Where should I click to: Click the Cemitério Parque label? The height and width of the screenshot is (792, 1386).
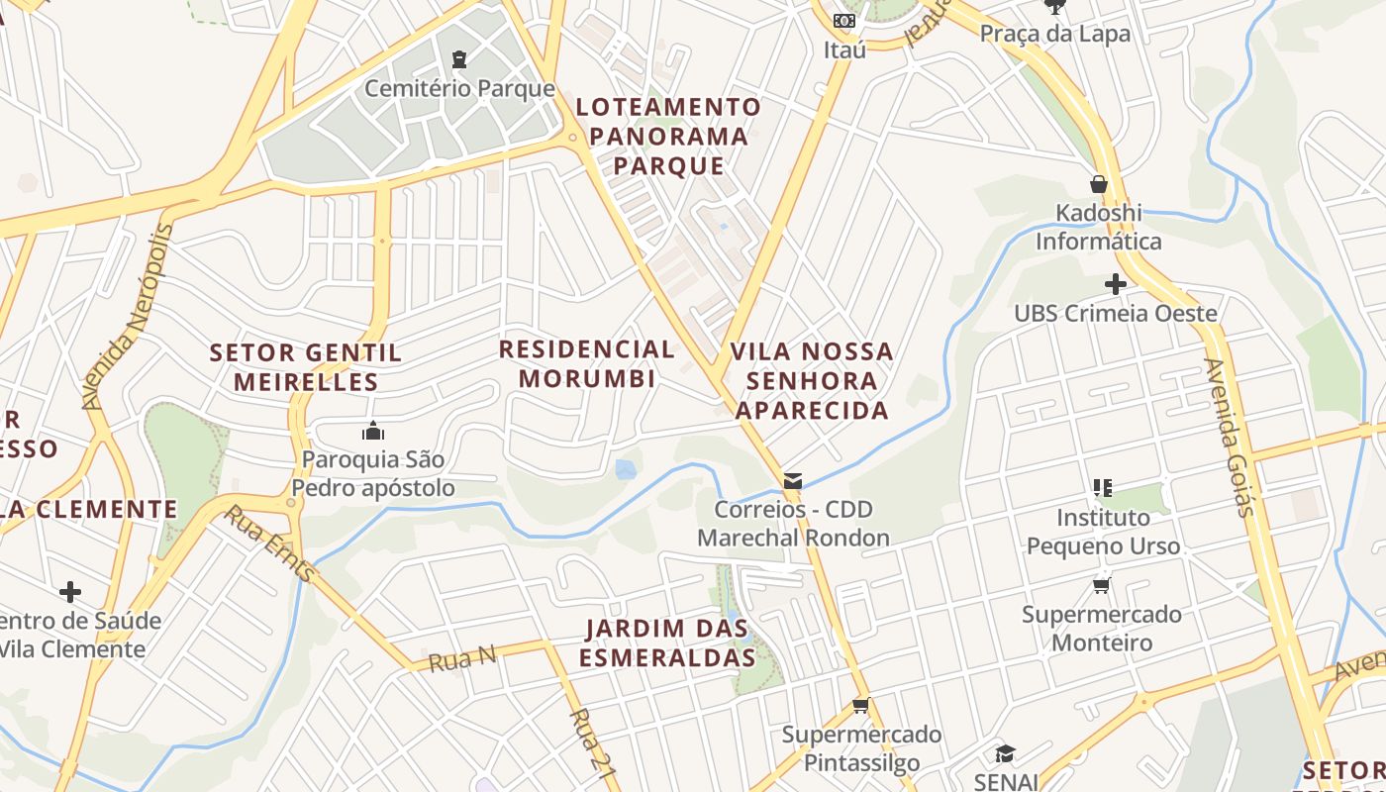459,88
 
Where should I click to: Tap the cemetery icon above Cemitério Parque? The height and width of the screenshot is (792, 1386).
459,59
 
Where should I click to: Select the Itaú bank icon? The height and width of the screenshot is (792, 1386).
843,21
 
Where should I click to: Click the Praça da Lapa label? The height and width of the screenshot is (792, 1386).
1054,34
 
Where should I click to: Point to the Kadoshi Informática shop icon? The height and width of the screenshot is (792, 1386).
1098,184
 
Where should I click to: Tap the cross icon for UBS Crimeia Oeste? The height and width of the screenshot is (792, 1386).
1115,285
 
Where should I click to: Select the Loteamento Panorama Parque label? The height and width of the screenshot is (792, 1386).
669,136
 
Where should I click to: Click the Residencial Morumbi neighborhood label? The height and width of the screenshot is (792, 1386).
586,363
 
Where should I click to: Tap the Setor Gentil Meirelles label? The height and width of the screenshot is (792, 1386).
306,366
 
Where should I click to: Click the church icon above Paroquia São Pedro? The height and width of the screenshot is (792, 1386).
372,431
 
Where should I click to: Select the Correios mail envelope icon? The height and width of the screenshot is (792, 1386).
792,481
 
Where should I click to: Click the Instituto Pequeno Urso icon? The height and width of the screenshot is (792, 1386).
1103,487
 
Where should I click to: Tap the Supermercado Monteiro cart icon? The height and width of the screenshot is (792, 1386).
1101,586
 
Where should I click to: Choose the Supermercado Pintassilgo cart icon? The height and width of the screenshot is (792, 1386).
860,706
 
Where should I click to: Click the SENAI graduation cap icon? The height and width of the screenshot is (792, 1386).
1005,753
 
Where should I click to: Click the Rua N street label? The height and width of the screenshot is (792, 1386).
461,657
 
